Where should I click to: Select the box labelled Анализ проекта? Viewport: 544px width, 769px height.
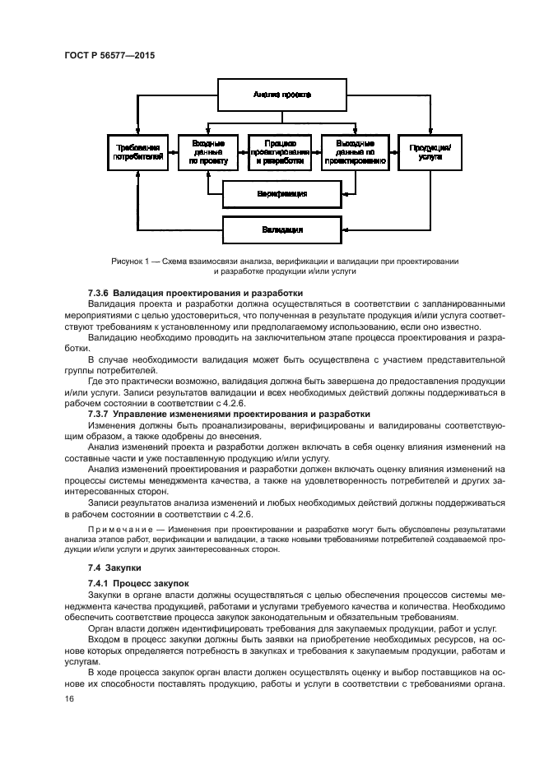tap(281, 95)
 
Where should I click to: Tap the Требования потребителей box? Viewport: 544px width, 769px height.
tap(137, 151)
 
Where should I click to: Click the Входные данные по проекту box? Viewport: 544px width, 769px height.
tap(208, 151)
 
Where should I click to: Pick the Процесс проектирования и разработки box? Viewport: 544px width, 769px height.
tap(281, 151)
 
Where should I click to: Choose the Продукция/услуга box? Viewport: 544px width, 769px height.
tap(428, 151)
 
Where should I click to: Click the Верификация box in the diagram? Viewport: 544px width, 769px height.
tap(281, 194)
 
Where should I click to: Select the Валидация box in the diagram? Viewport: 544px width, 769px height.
tap(281, 228)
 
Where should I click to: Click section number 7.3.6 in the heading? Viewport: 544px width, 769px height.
tap(99, 293)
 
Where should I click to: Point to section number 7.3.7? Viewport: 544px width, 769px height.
tap(99, 414)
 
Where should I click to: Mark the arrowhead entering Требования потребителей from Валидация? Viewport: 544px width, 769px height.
tap(137, 175)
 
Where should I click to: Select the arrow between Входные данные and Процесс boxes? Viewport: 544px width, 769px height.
tap(244, 151)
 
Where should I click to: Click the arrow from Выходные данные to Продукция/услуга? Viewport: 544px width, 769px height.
tap(393, 151)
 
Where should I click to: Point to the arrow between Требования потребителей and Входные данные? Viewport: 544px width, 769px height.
tap(172, 151)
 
